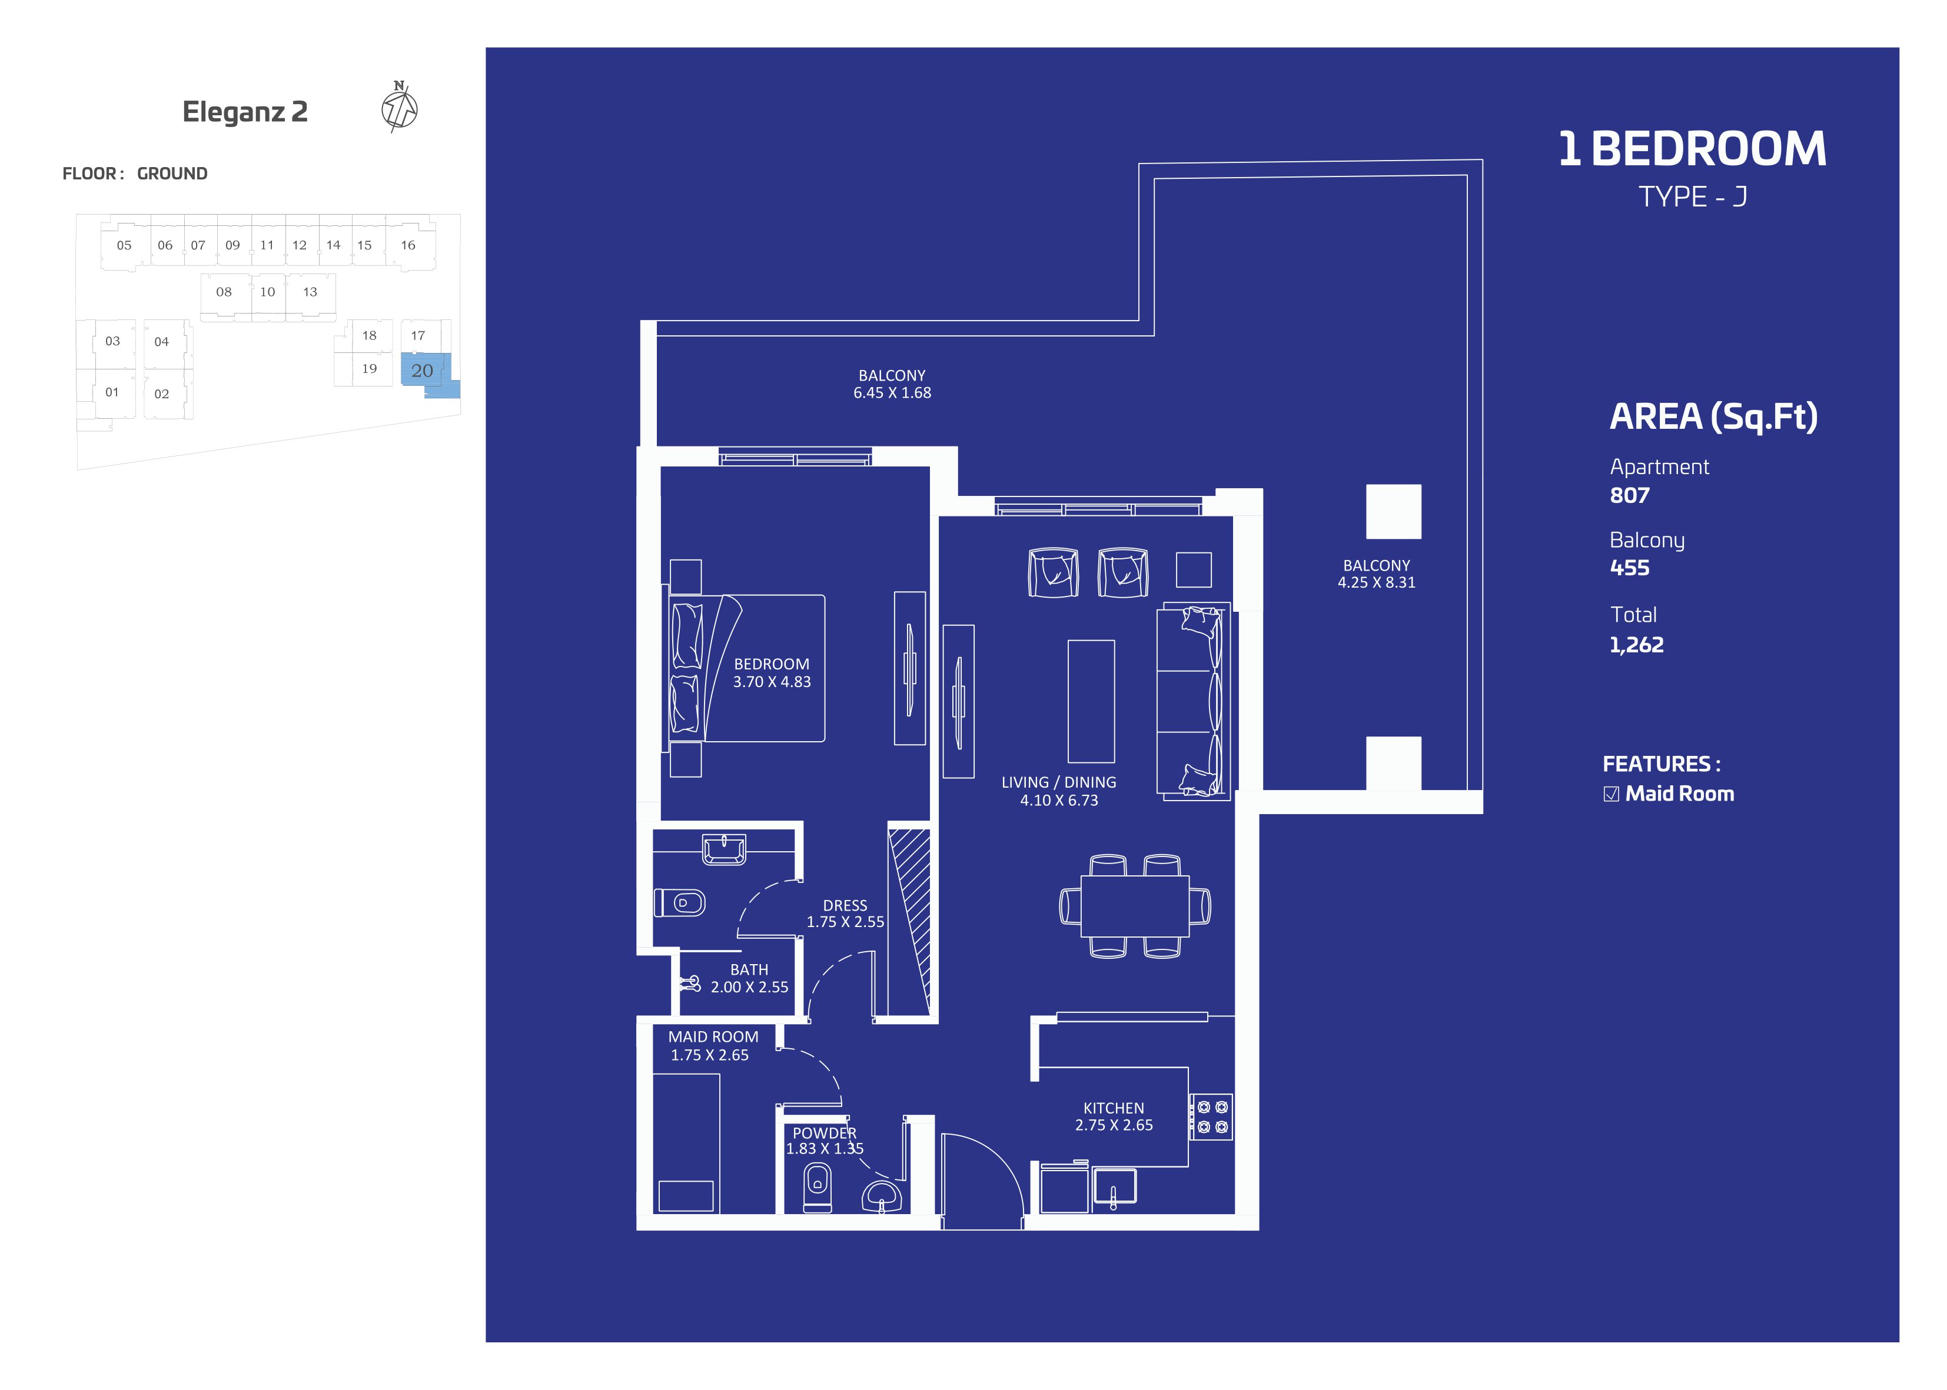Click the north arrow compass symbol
click(x=399, y=107)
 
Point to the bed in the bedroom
click(x=746, y=668)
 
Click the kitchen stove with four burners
click(x=1211, y=1117)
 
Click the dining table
click(x=1134, y=905)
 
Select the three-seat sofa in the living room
click(x=1192, y=702)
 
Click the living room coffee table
click(x=1091, y=701)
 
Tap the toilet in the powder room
click(x=818, y=1188)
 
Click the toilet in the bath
click(x=680, y=903)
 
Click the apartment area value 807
click(x=1629, y=495)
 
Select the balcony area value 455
click(x=1629, y=568)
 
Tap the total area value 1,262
click(x=1636, y=645)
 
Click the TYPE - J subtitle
click(x=1693, y=198)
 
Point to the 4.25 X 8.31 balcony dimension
click(x=1376, y=583)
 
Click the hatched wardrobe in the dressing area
click(x=909, y=921)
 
